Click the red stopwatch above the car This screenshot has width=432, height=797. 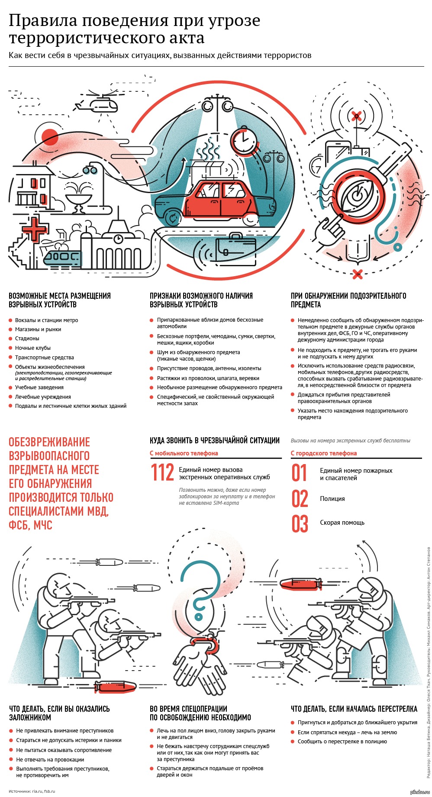click(x=243, y=140)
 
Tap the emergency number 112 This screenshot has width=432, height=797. click(x=162, y=473)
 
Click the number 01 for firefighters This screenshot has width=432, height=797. click(x=299, y=473)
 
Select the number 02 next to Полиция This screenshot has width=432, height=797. click(x=300, y=499)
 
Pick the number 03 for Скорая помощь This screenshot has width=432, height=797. click(x=300, y=523)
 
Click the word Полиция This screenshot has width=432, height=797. click(x=332, y=499)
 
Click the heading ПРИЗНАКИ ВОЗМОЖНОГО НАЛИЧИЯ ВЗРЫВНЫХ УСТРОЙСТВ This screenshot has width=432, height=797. click(x=201, y=300)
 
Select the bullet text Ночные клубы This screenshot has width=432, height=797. click(x=33, y=348)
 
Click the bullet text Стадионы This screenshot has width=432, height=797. click(x=27, y=339)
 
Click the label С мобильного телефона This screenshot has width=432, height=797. click(x=184, y=453)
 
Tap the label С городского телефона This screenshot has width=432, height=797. click(x=324, y=453)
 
